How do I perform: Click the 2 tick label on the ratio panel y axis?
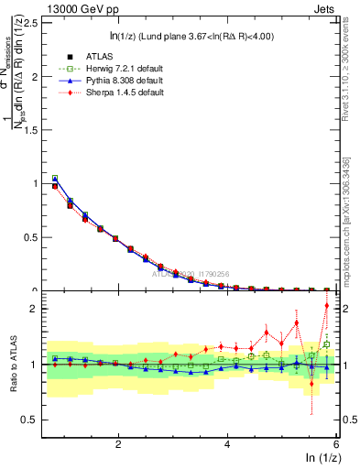click(x=38, y=310)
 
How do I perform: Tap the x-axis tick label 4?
click(x=227, y=444)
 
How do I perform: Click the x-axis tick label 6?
click(x=336, y=444)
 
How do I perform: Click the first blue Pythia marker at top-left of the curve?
click(x=55, y=179)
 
